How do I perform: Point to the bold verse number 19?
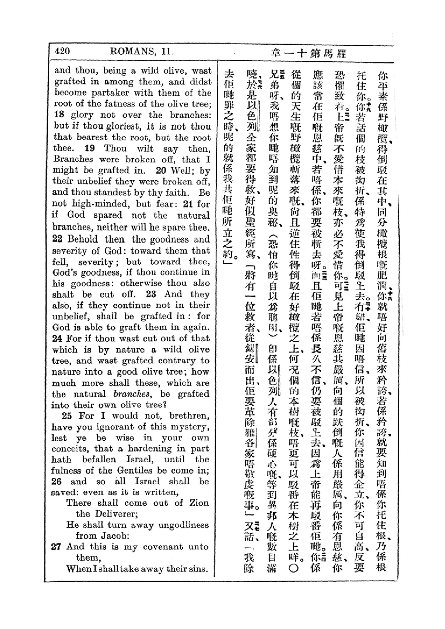point(90,148)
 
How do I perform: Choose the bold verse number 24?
point(57,339)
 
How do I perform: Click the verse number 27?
point(56,546)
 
